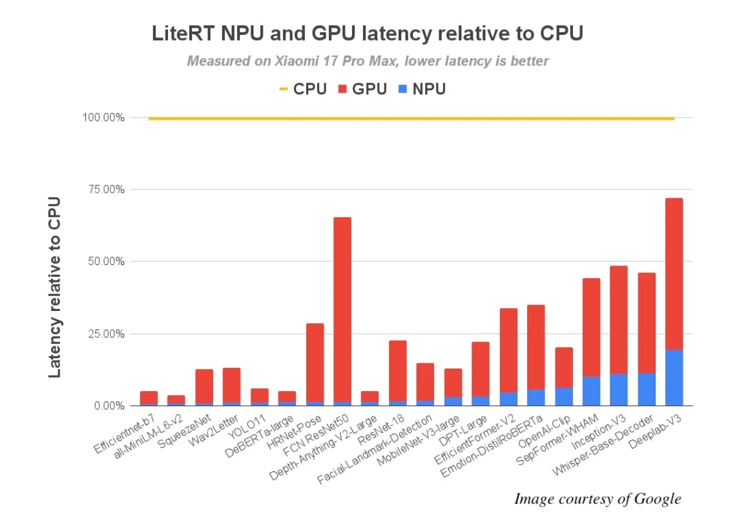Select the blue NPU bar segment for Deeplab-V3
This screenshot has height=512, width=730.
pos(674,378)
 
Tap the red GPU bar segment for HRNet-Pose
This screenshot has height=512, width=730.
pos(315,362)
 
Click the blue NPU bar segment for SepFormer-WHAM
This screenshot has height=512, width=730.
pos(591,391)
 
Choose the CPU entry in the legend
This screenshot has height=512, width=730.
pos(303,89)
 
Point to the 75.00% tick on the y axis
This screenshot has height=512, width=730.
pos(103,189)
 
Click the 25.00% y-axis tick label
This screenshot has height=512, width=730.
pos(103,334)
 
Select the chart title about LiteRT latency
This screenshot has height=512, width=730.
pos(367,34)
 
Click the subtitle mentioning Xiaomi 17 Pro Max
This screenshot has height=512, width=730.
pos(368,61)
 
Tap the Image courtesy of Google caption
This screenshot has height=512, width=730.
pos(598,498)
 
